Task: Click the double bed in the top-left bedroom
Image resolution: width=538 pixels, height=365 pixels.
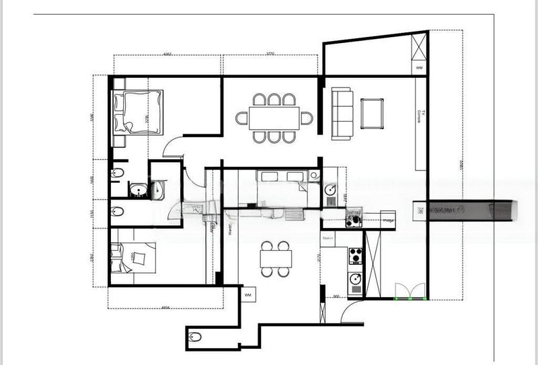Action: [x=139, y=112]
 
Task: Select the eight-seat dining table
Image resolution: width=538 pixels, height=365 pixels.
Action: [x=274, y=118]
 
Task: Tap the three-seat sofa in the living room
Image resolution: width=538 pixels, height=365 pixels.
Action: [x=342, y=114]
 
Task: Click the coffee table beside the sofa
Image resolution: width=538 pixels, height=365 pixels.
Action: [x=372, y=114]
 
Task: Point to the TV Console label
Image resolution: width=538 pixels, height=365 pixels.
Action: [x=420, y=116]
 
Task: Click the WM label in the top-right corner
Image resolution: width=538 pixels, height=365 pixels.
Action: [x=419, y=68]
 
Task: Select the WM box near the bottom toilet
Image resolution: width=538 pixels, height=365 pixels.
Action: [x=247, y=294]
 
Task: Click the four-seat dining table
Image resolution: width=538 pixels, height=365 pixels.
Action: [x=276, y=258]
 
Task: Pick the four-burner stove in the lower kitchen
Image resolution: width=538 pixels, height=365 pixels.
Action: [x=355, y=256]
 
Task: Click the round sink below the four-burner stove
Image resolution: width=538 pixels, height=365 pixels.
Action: [x=354, y=279]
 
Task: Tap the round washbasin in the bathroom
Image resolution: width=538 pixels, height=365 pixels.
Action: [x=139, y=191]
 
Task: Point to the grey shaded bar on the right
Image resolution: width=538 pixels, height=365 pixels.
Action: [x=471, y=210]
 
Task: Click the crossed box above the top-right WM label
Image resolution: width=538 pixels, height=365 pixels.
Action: [x=419, y=47]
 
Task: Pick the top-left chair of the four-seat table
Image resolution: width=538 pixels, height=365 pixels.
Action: [x=267, y=245]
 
